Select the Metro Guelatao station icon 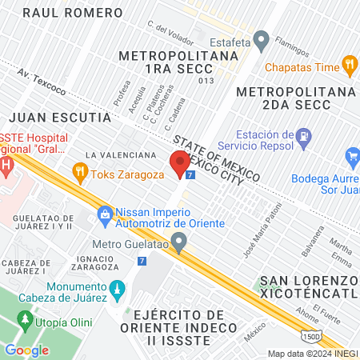180,241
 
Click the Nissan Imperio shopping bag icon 105,214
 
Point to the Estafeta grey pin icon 261,41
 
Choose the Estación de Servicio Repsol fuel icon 302,138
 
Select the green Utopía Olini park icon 26,320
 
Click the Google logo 26,350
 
